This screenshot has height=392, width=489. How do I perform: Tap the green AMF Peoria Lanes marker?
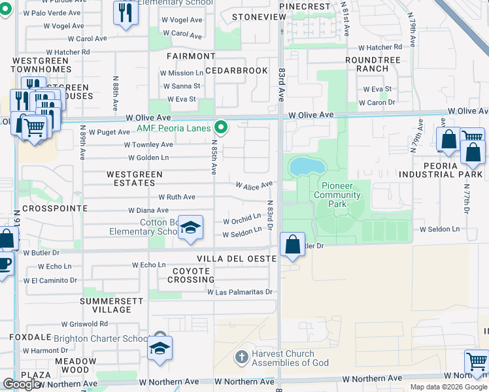(222, 127)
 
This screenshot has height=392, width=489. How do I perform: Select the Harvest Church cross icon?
(241, 357)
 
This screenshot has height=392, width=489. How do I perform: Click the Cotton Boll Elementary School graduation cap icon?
(190, 227)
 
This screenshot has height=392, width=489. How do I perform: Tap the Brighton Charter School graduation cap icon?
(159, 348)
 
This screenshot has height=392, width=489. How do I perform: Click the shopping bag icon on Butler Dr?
(292, 245)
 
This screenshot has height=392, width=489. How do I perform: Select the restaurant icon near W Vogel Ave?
(125, 12)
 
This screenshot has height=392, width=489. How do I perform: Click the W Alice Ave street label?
(254, 186)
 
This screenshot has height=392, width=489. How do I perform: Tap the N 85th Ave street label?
(214, 157)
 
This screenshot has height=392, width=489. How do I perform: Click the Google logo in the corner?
(22, 384)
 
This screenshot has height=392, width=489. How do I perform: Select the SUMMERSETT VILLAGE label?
(106, 305)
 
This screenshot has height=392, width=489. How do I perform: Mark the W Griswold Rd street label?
(84, 323)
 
